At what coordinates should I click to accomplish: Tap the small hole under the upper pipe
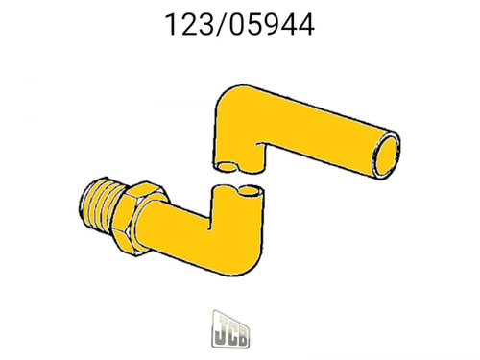(227, 167)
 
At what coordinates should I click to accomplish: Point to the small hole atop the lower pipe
(252, 192)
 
